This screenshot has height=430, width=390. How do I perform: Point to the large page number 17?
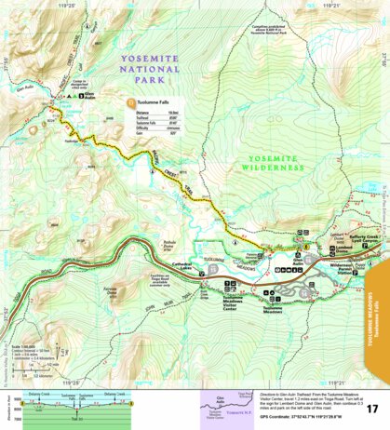tap(371, 409)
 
